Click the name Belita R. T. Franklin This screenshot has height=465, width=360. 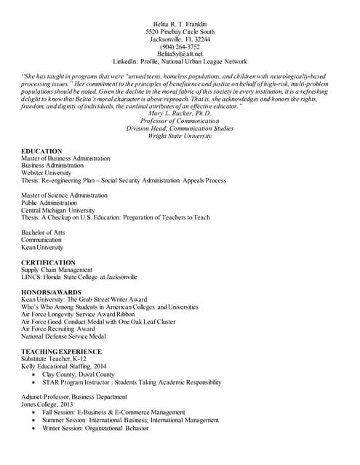tap(180, 25)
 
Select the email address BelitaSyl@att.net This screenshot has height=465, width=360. tap(180, 54)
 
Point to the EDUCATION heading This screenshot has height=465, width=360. tap(41, 151)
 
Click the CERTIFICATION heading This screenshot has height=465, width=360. tap(48, 262)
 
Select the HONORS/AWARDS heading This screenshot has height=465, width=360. tap(51, 292)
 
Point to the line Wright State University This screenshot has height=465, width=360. tap(180, 136)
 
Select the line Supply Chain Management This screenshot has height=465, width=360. tap(57, 270)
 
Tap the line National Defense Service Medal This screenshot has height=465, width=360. tap(63, 336)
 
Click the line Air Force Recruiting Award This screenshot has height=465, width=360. tap(58, 328)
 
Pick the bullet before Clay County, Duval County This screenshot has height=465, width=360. tap(36, 374)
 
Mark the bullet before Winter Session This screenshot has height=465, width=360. tap(36, 428)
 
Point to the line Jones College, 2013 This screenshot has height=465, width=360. tap(52, 405)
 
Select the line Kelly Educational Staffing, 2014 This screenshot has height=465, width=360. tap(64, 367)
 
